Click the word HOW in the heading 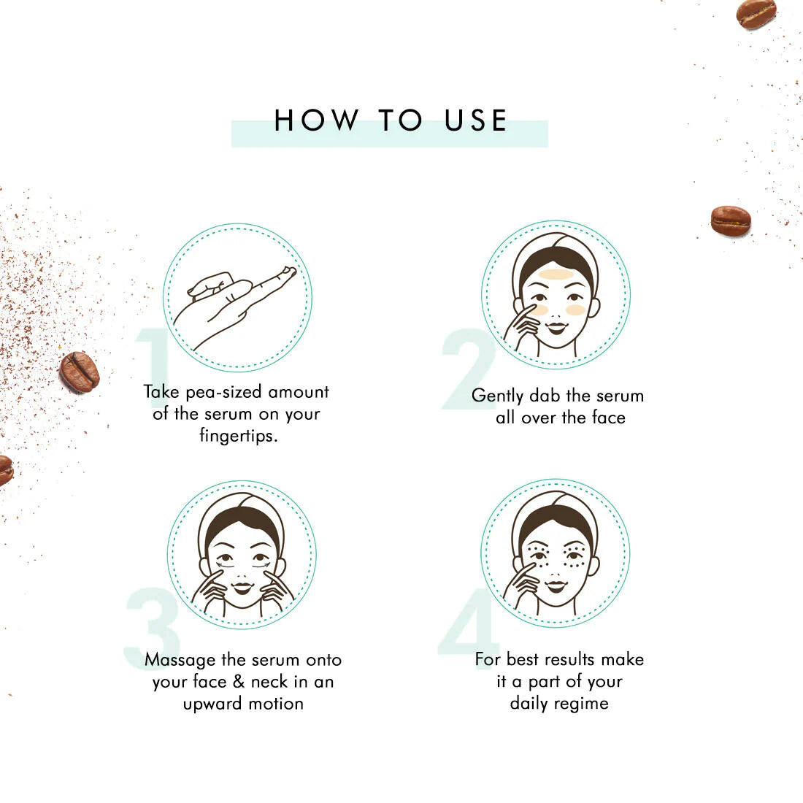tap(317, 120)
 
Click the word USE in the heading tap(476, 120)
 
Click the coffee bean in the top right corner tap(756, 14)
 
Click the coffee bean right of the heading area tap(731, 220)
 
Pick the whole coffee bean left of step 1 tap(80, 372)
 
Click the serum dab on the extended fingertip tap(288, 273)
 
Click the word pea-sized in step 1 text tap(224, 393)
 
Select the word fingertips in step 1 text tap(238, 436)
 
